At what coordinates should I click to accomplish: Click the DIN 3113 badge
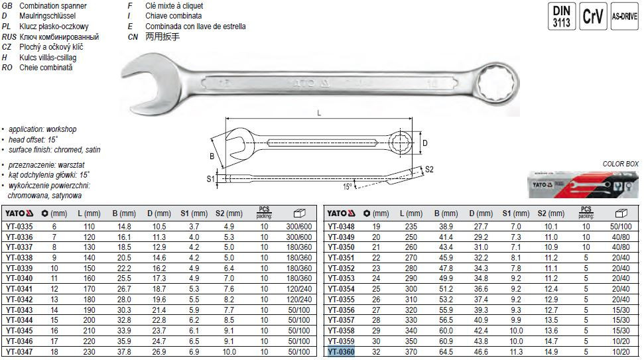coord(562,16)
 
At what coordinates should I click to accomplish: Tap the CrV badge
coord(593,16)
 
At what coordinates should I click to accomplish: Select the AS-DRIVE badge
coord(624,16)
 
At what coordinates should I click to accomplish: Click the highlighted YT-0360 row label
coord(341,352)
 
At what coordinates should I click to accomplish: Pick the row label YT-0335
coord(19,227)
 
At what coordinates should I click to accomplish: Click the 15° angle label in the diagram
coord(348,187)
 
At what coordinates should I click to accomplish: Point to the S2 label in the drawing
coord(429,169)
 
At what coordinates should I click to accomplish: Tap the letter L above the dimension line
coord(319,113)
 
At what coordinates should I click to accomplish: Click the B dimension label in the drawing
coord(212,156)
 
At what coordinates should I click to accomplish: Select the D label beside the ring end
coord(425,143)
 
